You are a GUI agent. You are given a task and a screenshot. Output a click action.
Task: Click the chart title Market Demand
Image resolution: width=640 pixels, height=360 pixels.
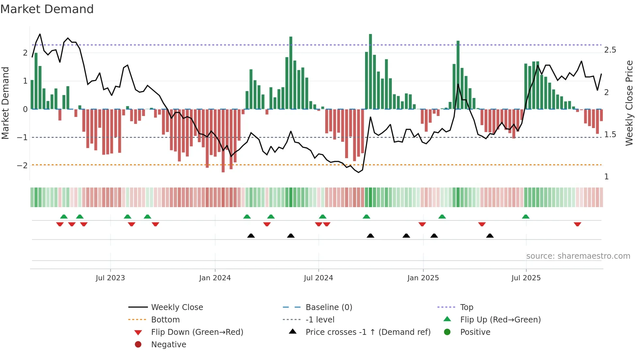coord(47,9)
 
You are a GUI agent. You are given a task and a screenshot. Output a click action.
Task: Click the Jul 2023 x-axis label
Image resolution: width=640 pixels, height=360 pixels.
coord(110,278)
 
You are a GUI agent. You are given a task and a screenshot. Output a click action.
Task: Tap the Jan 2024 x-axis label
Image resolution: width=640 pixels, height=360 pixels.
coord(215,278)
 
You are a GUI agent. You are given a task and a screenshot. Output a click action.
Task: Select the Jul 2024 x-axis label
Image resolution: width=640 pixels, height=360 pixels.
coord(318,278)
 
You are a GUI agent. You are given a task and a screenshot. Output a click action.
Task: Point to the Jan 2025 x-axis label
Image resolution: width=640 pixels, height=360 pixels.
coord(423,278)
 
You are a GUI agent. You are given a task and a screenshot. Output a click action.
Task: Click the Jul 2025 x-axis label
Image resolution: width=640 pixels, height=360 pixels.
coord(526,278)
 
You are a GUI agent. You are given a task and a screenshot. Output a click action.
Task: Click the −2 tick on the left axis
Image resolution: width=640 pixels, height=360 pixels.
coord(22,166)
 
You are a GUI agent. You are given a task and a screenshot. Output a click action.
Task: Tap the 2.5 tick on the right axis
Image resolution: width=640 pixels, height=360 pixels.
coord(610,50)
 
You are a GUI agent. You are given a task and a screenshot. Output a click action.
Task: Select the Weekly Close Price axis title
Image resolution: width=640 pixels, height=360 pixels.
coord(629,103)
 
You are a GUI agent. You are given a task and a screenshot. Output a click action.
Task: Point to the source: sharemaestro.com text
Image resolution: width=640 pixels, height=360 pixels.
coord(578,256)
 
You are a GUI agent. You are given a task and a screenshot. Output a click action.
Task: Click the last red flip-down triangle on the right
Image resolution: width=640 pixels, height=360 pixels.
coord(577,224)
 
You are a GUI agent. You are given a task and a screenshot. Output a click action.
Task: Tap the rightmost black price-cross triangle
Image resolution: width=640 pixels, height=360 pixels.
coord(490,236)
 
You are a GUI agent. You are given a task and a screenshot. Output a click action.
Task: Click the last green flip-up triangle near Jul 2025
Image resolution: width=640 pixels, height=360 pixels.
coord(526,217)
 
